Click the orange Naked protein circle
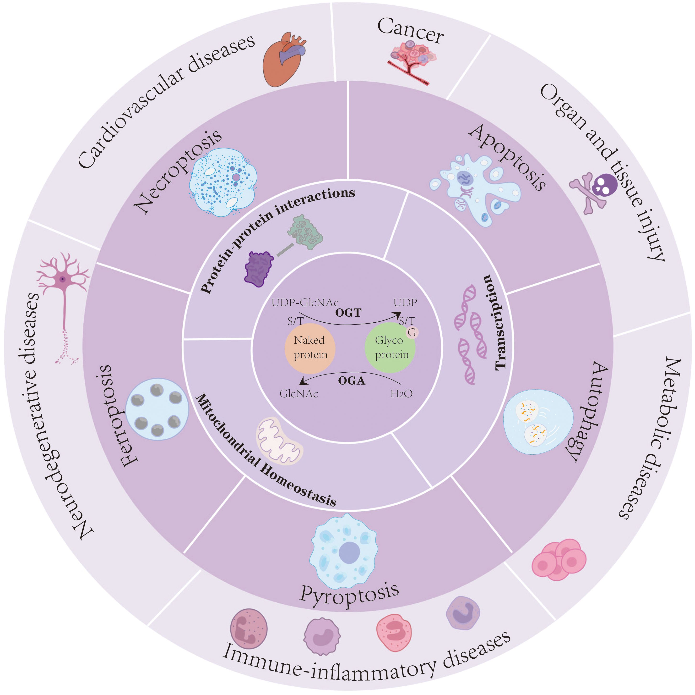310,348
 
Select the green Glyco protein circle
390,348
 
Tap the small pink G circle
412,333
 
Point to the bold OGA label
352,381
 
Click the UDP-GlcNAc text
305,302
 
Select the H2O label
401,394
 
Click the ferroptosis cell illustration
157,409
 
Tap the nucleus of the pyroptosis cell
349,552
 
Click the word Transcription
498,322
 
